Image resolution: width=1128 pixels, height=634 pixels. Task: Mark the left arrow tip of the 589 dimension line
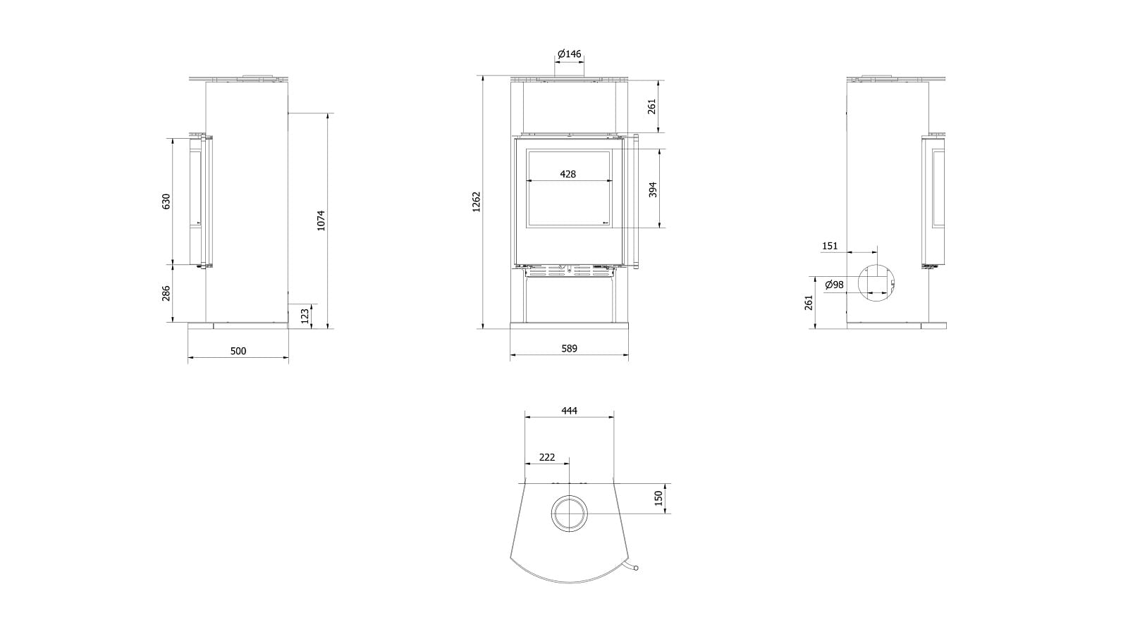pos(510,355)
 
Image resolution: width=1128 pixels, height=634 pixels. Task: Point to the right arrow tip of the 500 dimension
pos(288,358)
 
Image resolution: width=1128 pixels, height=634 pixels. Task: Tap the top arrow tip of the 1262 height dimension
pos(483,76)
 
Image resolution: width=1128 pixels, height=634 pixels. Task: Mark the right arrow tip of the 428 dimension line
pos(610,180)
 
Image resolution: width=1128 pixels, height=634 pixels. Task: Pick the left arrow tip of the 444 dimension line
pos(525,416)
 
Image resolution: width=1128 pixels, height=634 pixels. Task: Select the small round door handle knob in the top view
pos(635,568)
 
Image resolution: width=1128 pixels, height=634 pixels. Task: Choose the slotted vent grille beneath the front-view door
pos(570,272)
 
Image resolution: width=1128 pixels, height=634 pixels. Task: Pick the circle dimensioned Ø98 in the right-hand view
pos(877,282)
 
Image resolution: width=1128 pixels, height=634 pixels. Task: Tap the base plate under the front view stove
pos(570,325)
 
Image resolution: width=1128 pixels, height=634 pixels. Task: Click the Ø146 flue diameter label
pos(569,54)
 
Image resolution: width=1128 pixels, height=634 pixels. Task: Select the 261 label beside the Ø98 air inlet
pos(809,302)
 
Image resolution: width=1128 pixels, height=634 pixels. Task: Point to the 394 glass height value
pos(653,189)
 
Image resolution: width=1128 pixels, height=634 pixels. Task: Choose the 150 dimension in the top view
pos(658,498)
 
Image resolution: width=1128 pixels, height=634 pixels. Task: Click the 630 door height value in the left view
pos(166,201)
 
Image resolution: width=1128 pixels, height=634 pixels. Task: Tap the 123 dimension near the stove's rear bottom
pos(305,316)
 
